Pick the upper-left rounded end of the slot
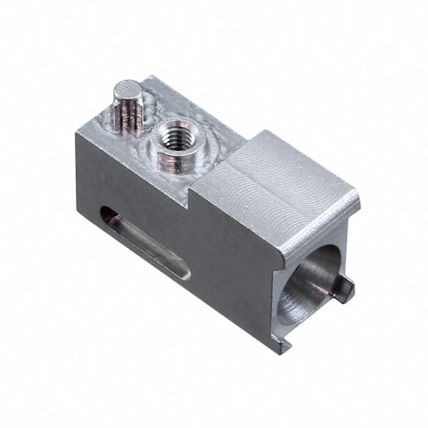point(107,214)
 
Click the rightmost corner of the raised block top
point(359,194)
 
